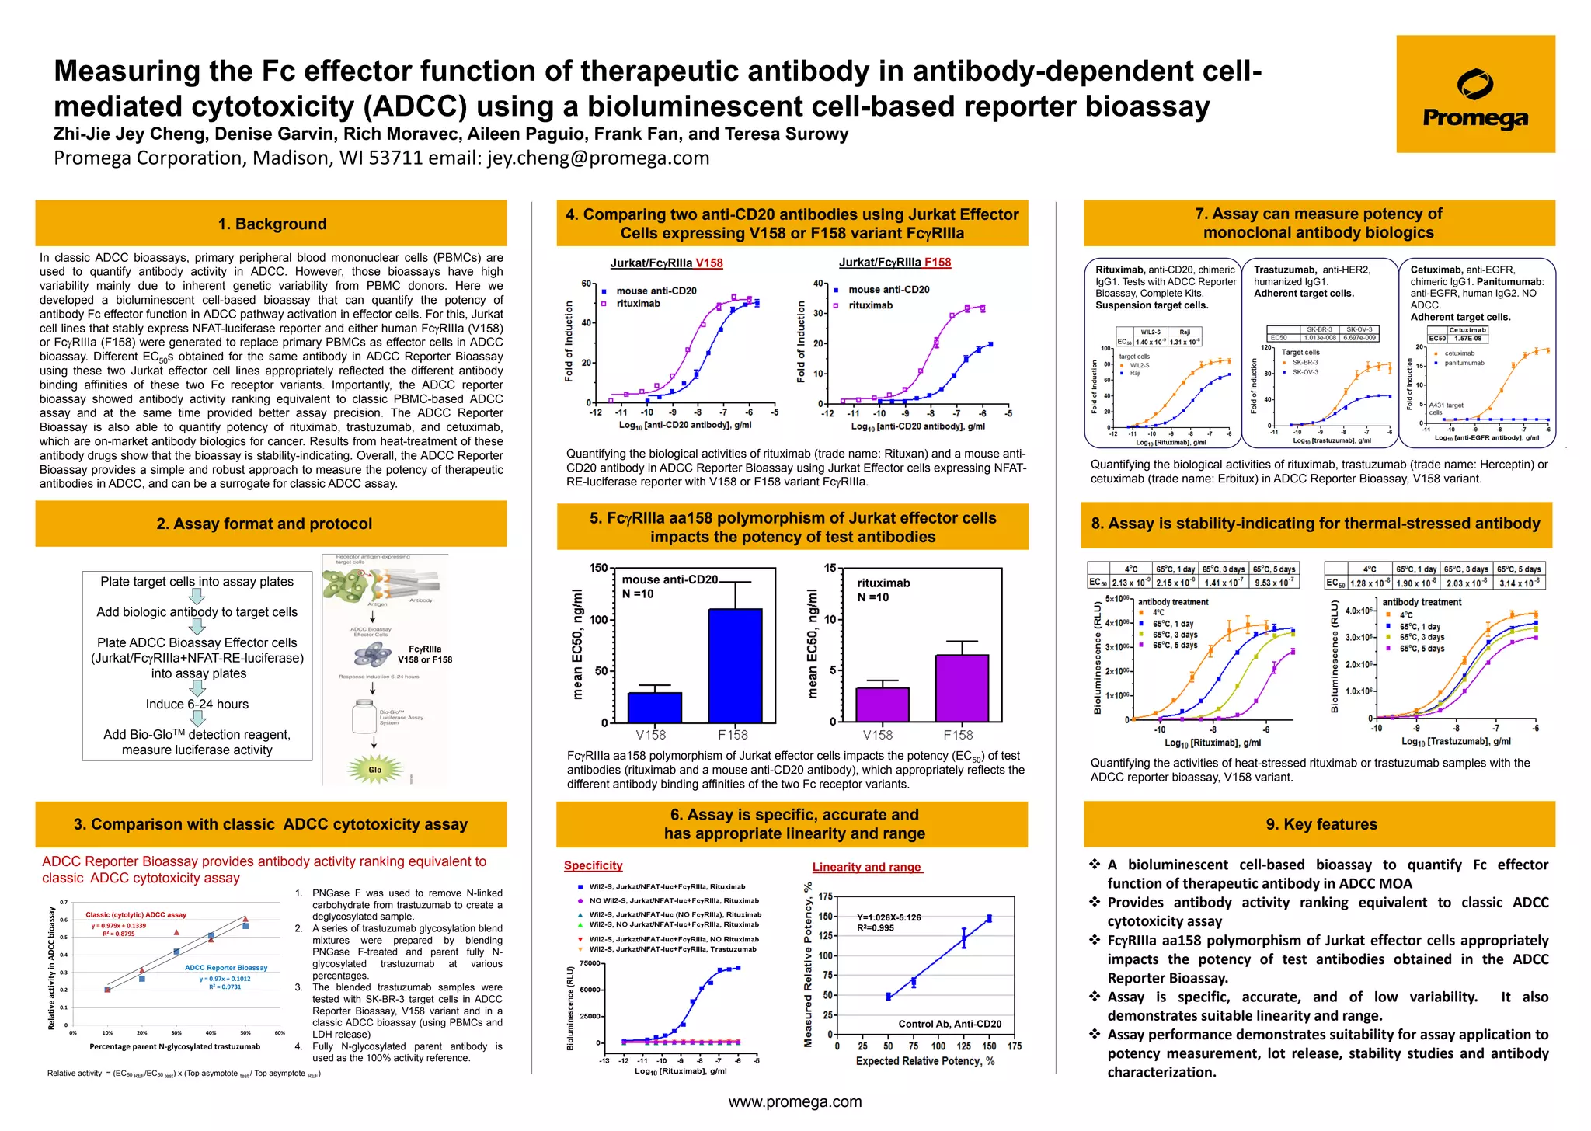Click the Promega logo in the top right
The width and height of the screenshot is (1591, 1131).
pyautogui.click(x=1474, y=94)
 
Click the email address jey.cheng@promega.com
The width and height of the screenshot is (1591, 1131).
pyautogui.click(x=598, y=158)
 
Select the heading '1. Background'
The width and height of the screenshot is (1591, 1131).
pyautogui.click(x=272, y=224)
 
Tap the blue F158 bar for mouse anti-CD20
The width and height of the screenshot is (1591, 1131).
pyautogui.click(x=734, y=666)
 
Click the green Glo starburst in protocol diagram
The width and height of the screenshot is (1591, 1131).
pyautogui.click(x=374, y=769)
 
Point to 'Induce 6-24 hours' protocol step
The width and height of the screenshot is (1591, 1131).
pyautogui.click(x=197, y=704)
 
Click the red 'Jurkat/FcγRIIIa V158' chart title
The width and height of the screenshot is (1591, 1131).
pyautogui.click(x=666, y=263)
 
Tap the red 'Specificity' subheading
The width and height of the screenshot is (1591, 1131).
pyautogui.click(x=593, y=865)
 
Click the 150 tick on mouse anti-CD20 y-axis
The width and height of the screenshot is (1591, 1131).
pyautogui.click(x=598, y=568)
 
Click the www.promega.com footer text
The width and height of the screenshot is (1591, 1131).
pyautogui.click(x=795, y=1101)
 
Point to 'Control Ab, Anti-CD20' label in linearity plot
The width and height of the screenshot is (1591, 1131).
pyautogui.click(x=949, y=1024)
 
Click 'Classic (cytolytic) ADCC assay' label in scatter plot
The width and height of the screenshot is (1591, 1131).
pyautogui.click(x=136, y=914)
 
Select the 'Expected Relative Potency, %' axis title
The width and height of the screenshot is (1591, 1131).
pyautogui.click(x=924, y=1061)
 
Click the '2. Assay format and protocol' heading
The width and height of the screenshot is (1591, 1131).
pyautogui.click(x=264, y=524)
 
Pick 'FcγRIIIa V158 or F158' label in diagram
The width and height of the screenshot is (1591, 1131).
pyautogui.click(x=425, y=654)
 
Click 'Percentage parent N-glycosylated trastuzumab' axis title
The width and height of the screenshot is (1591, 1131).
pyautogui.click(x=175, y=1046)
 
